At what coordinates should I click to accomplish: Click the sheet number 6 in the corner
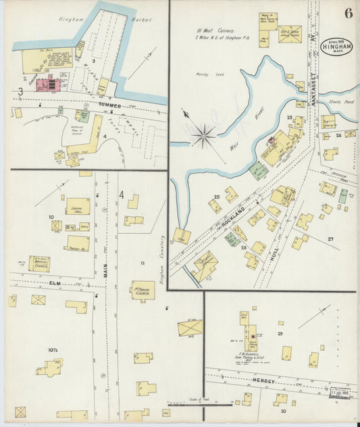[x=347, y=13]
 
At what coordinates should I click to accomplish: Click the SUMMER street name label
[x=108, y=106]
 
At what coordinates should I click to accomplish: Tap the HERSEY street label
[x=263, y=382]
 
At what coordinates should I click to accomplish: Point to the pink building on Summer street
[x=47, y=85]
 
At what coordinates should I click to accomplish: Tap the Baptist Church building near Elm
[x=39, y=263]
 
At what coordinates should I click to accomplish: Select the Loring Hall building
[x=78, y=206]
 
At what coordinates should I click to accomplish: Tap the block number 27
[x=331, y=239]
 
